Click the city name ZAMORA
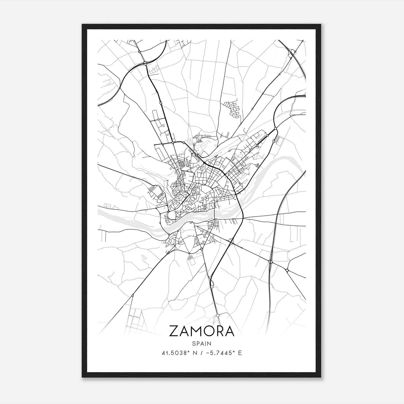click(x=202, y=331)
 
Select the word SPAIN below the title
click(x=202, y=344)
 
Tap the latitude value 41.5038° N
click(x=180, y=353)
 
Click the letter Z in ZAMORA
click(x=174, y=331)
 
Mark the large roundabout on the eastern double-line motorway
click(x=270, y=262)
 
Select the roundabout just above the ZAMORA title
click(x=217, y=315)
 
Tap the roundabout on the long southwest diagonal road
click(x=133, y=295)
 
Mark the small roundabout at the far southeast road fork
click(x=287, y=270)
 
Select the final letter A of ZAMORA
click(x=230, y=331)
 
